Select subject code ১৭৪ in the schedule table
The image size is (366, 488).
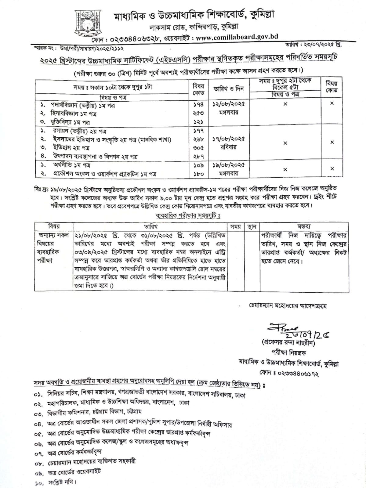coord(198,105)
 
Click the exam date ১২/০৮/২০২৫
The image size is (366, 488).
coord(229,104)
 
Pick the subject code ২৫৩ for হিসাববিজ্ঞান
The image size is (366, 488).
coord(198,113)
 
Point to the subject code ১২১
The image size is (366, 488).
coord(198,122)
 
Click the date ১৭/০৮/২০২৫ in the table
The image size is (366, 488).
coord(229,139)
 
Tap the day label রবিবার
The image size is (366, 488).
coord(229,147)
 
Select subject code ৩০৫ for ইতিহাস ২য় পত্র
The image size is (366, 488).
coord(198,148)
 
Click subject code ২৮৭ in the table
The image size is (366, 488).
coord(198,156)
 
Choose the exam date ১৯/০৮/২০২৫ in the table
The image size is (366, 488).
coord(229,165)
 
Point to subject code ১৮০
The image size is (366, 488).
coord(198,174)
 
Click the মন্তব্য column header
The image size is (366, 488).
coord(304,226)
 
